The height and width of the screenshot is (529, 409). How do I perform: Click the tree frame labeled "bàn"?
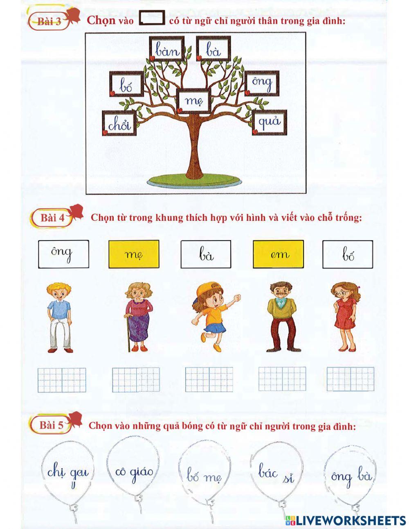[166, 49]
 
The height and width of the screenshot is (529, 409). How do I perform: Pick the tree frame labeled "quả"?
[269, 122]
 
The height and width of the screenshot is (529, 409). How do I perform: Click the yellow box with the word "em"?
[278, 254]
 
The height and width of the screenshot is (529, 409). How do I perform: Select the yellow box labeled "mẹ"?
[134, 254]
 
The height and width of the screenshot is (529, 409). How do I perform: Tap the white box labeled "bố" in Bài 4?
[348, 254]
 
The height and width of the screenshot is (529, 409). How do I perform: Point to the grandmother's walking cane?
[128, 332]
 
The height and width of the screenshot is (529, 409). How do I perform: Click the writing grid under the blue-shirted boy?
[62, 380]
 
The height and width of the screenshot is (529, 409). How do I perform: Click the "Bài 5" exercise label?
[52, 425]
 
